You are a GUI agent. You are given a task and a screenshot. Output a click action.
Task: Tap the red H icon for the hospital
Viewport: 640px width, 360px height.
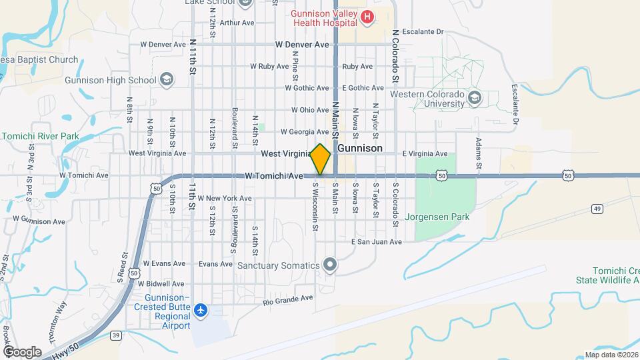click(x=366, y=15)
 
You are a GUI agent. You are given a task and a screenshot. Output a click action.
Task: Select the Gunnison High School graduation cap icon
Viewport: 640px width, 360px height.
click(x=166, y=81)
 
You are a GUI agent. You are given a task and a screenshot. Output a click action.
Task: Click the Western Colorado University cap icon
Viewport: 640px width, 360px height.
click(x=475, y=99)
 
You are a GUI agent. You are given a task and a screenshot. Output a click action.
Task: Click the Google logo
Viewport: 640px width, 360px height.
click(x=22, y=351)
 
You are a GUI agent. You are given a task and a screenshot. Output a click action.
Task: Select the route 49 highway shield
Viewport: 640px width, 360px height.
click(x=597, y=209)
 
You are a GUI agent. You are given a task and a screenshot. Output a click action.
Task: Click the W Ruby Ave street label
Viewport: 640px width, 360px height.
click(x=271, y=67)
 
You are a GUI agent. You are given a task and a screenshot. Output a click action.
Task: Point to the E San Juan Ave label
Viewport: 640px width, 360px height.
click(x=377, y=242)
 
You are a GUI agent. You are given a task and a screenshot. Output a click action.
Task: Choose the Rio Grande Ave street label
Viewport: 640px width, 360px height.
click(x=288, y=299)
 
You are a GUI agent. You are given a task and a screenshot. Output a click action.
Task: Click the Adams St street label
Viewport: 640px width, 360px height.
click(x=478, y=154)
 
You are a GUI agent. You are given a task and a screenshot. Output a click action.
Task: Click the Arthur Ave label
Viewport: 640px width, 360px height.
click(x=237, y=23)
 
